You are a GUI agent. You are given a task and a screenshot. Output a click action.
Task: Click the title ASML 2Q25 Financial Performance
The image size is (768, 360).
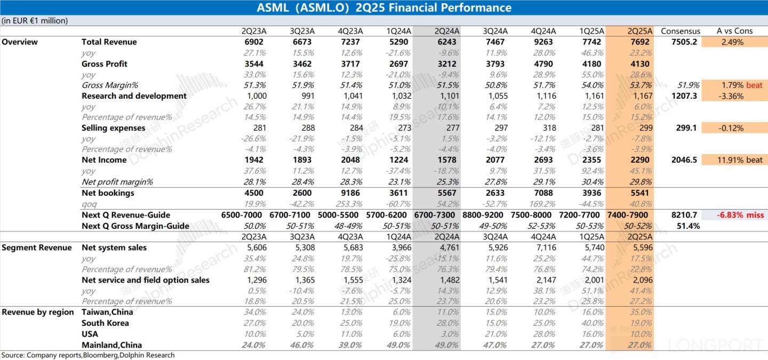tap(384, 7)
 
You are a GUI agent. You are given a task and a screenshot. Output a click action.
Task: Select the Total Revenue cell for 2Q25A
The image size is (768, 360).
tap(639, 42)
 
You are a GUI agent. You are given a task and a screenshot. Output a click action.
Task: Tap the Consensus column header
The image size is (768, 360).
tap(680, 31)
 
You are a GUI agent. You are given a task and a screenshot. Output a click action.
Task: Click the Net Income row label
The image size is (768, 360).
tap(104, 160)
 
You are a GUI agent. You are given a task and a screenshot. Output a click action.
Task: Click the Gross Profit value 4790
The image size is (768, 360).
tap(545, 64)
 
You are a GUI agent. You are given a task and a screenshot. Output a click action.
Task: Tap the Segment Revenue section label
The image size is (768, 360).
tap(37, 247)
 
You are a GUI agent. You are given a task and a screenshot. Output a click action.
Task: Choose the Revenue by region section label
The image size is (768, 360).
tap(38, 312)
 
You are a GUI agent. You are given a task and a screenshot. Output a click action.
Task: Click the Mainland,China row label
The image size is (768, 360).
tap(111, 345)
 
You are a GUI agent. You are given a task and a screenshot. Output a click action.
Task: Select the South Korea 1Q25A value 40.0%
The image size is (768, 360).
tap(593, 323)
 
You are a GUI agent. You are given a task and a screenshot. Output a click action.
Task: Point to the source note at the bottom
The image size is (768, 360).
tap(88, 355)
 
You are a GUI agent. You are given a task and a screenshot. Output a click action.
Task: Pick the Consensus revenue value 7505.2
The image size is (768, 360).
tap(684, 42)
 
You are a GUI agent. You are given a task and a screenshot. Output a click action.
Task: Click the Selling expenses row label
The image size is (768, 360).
tap(113, 128)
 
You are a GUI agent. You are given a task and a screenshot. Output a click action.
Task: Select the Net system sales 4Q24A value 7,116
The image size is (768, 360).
tap(545, 247)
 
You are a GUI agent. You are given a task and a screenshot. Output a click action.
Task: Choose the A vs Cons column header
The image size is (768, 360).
tap(734, 31)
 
